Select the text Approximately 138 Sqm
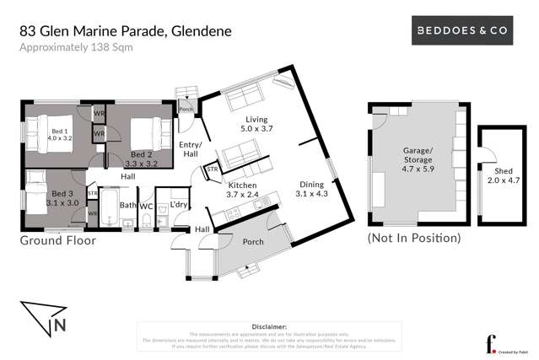tap(76, 47)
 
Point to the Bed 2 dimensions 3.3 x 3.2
tap(141, 164)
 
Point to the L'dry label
tap(179, 205)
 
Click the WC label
tap(147, 205)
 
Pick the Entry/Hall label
tap(190, 149)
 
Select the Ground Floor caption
tap(57, 240)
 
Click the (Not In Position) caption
tap(414, 239)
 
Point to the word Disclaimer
tap(269, 325)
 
